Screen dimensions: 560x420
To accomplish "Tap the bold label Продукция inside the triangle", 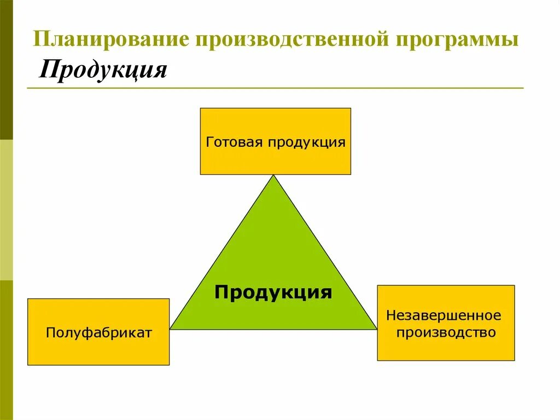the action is coord(273,292).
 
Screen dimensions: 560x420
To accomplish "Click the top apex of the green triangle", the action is coord(273,176).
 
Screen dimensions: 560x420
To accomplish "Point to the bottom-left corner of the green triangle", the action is coord(171,328).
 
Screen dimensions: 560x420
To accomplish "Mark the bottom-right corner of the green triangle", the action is coord(376,328).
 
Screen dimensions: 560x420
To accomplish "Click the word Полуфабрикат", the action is coord(98,332).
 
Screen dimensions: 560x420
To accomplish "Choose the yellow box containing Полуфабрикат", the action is coord(98,350).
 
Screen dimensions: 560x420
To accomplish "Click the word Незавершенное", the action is coord(444,315).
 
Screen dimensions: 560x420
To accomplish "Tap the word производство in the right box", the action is coord(446,332).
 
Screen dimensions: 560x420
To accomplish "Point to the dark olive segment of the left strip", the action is coord(6,68).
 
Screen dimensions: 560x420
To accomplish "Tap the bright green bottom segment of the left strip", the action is coord(6,350).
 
